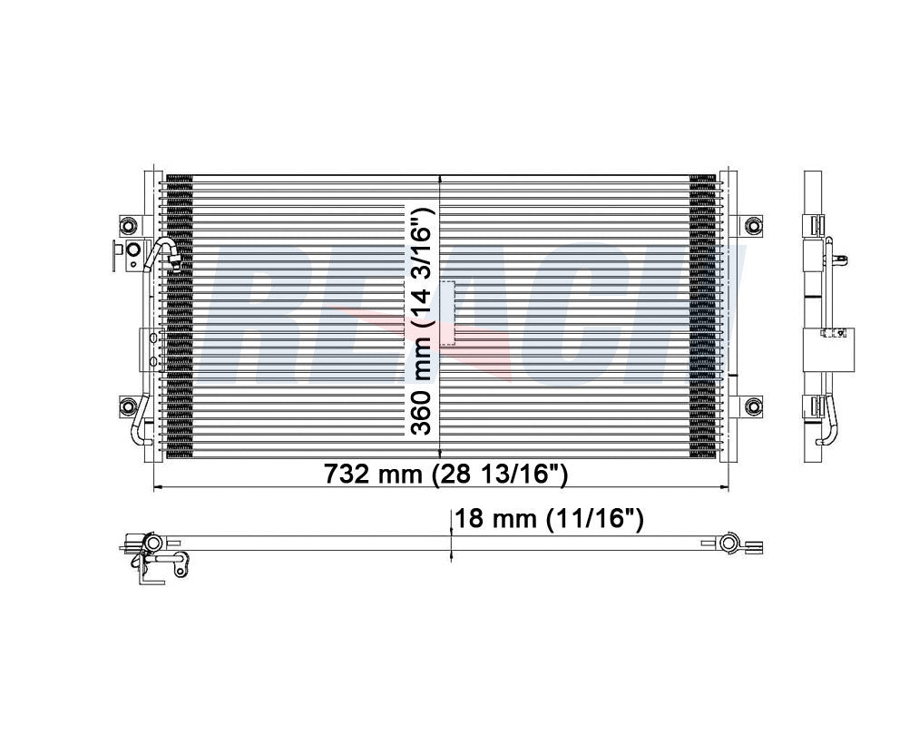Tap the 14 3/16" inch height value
point(420,272)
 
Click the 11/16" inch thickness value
point(596,519)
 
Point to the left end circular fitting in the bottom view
point(151,543)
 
